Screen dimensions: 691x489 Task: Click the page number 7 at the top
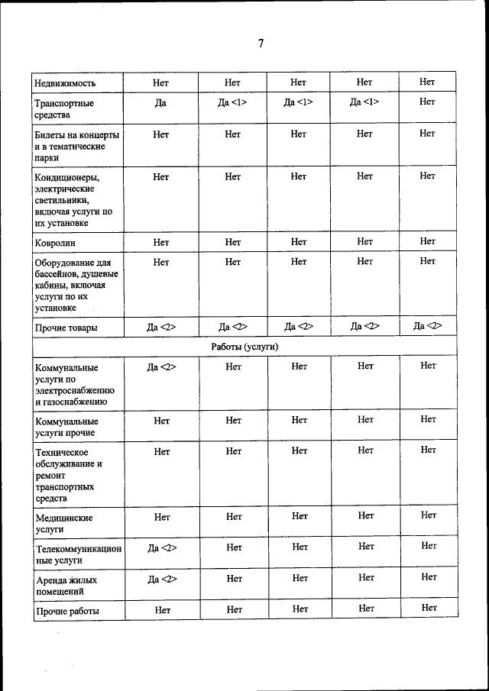(x=261, y=44)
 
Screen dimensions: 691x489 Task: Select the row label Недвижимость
(x=65, y=83)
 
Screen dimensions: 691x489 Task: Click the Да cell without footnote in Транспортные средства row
(x=160, y=102)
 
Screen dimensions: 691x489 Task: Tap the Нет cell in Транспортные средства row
(x=427, y=102)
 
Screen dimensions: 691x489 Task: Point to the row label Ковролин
(x=55, y=243)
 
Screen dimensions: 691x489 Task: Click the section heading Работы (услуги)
(x=244, y=347)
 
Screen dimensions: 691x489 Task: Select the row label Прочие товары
(x=66, y=328)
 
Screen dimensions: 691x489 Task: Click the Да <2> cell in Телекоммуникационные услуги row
(x=161, y=548)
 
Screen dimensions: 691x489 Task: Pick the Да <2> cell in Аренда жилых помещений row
(x=161, y=579)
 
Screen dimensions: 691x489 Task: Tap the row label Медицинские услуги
(x=64, y=523)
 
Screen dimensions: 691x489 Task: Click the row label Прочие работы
(x=67, y=611)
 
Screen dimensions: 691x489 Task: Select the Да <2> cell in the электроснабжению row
(x=161, y=367)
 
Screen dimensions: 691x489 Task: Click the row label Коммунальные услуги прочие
(x=66, y=427)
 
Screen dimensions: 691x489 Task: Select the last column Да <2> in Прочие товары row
(x=428, y=327)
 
